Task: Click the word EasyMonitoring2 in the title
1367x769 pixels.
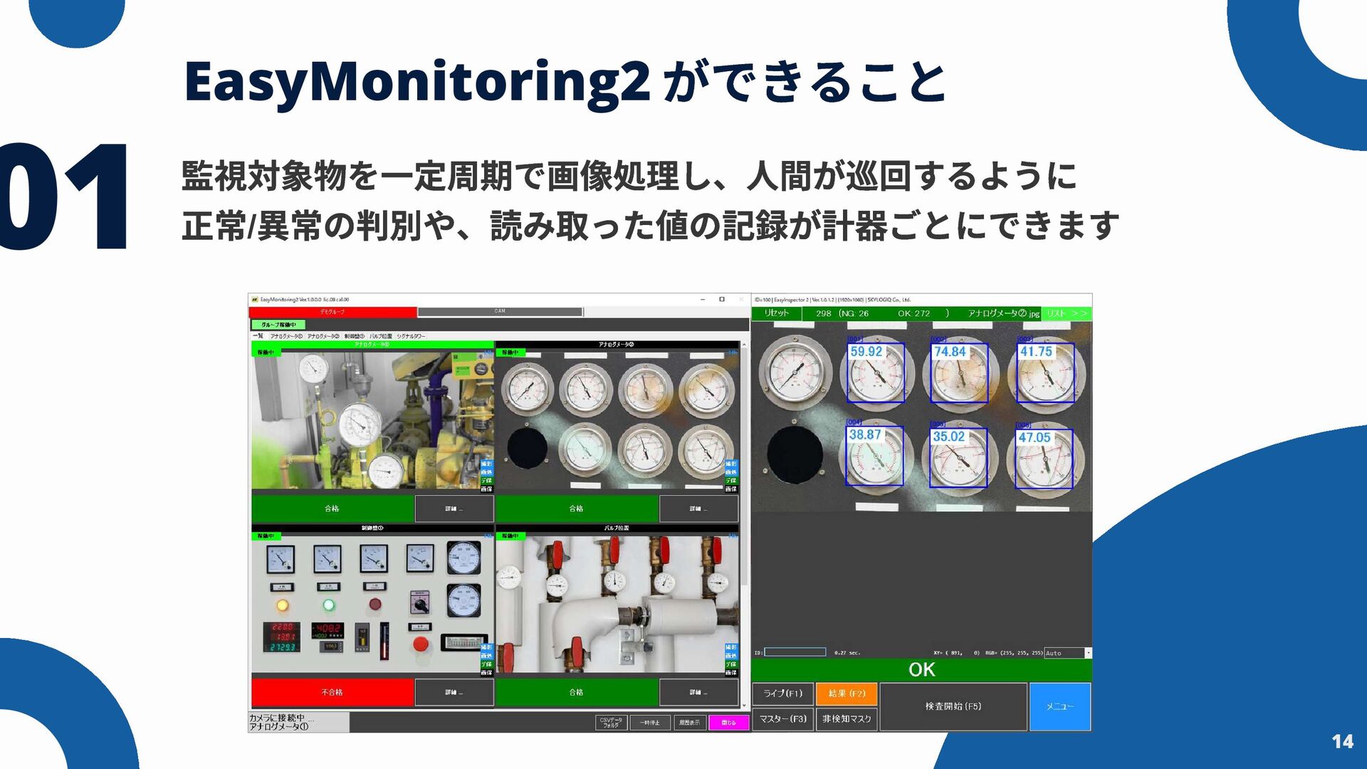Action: tap(417, 83)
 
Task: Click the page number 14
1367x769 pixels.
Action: tap(1342, 742)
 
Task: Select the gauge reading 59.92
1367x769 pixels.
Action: tap(866, 352)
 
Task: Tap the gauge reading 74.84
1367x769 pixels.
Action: tap(950, 352)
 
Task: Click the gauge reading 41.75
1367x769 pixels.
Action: tap(1036, 352)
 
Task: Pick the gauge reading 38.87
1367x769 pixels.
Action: tap(864, 435)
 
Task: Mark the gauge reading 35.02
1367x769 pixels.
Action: tap(948, 436)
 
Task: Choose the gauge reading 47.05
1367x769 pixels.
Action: tap(1034, 437)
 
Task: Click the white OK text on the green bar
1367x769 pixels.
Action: tap(921, 669)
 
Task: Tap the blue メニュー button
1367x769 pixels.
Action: tap(1059, 706)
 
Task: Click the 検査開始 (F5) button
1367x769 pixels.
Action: tap(953, 706)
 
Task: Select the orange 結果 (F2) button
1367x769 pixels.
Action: tap(847, 694)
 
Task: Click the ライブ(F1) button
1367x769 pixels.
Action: tap(782, 694)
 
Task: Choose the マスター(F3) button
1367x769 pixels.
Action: tap(782, 719)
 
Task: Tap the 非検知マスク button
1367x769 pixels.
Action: tap(847, 719)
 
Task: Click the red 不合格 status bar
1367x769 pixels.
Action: tap(332, 692)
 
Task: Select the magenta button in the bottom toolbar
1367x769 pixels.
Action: tap(728, 723)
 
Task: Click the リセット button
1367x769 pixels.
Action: tap(776, 313)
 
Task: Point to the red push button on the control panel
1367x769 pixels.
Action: tap(421, 644)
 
